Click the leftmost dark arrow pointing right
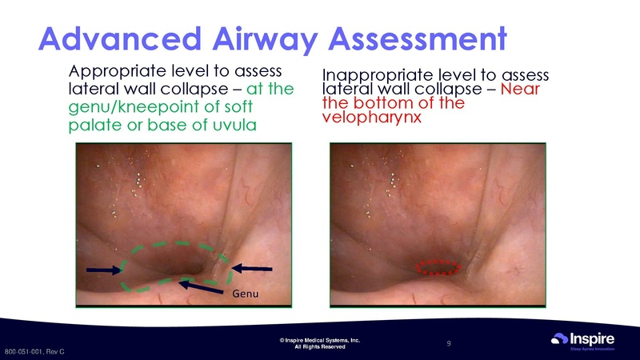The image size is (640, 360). coord(101,269)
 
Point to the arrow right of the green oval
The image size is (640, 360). coord(256,268)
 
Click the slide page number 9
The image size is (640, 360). coord(450,344)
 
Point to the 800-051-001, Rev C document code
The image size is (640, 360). coord(34,352)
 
